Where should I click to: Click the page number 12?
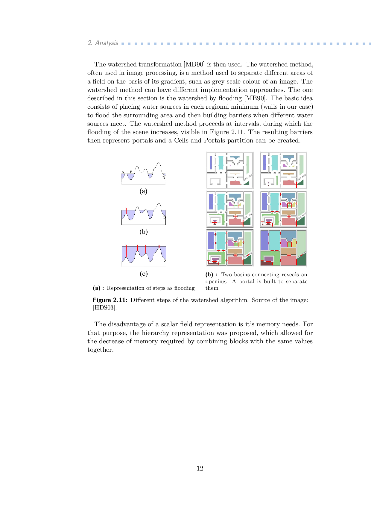pyautogui.click(x=200, y=468)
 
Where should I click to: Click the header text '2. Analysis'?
pyautogui.click(x=103, y=43)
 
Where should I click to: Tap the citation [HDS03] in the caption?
pyautogui.click(x=105, y=308)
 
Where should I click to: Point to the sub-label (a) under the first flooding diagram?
pyautogui.click(x=143, y=191)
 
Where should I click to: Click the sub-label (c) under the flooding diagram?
pyautogui.click(x=144, y=274)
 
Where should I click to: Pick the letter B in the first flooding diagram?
pyautogui.click(x=131, y=172)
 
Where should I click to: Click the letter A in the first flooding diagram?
pyautogui.click(x=123, y=172)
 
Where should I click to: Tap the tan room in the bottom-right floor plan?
pyautogui.click(x=288, y=251)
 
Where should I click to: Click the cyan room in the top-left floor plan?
pyautogui.click(x=221, y=162)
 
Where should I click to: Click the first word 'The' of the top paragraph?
pyautogui.click(x=100, y=64)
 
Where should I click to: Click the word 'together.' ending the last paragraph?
pyautogui.click(x=100, y=350)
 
